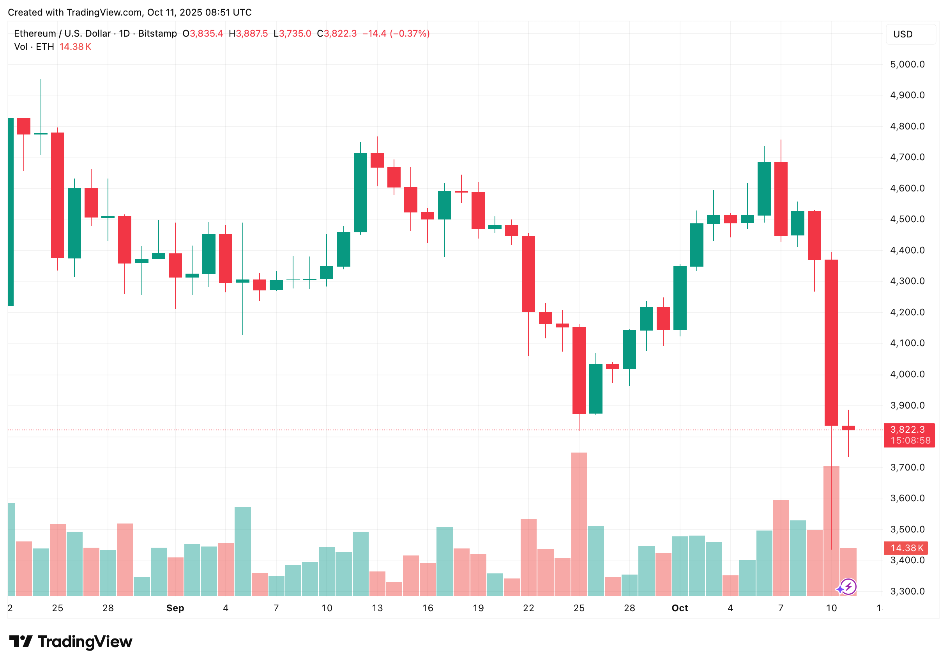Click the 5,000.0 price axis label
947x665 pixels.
click(x=907, y=64)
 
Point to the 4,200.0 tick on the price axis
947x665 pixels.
click(x=907, y=312)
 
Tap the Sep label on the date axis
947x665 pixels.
click(x=175, y=608)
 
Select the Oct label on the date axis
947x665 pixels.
click(x=679, y=608)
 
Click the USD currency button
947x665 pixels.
click(x=910, y=34)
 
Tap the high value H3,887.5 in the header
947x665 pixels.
click(x=248, y=34)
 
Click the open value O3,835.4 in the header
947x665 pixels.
click(x=203, y=34)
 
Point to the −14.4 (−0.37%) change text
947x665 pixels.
click(x=396, y=34)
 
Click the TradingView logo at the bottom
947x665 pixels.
click(x=71, y=642)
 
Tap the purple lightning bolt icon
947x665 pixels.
click(x=848, y=586)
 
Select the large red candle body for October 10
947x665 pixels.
click(x=831, y=342)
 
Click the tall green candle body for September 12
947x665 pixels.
click(x=360, y=193)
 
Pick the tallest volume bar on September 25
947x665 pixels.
click(x=579, y=524)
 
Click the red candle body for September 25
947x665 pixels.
click(x=579, y=370)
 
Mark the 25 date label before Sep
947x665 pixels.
click(x=57, y=608)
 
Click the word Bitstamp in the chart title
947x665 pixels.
click(x=157, y=34)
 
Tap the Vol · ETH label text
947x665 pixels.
click(x=34, y=47)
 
